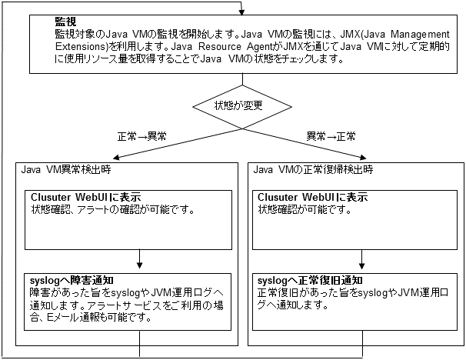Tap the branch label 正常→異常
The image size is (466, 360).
point(142,136)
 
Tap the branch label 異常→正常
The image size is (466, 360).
point(331,136)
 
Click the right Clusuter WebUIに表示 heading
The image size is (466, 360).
point(312,198)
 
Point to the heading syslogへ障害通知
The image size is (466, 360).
point(74,280)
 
